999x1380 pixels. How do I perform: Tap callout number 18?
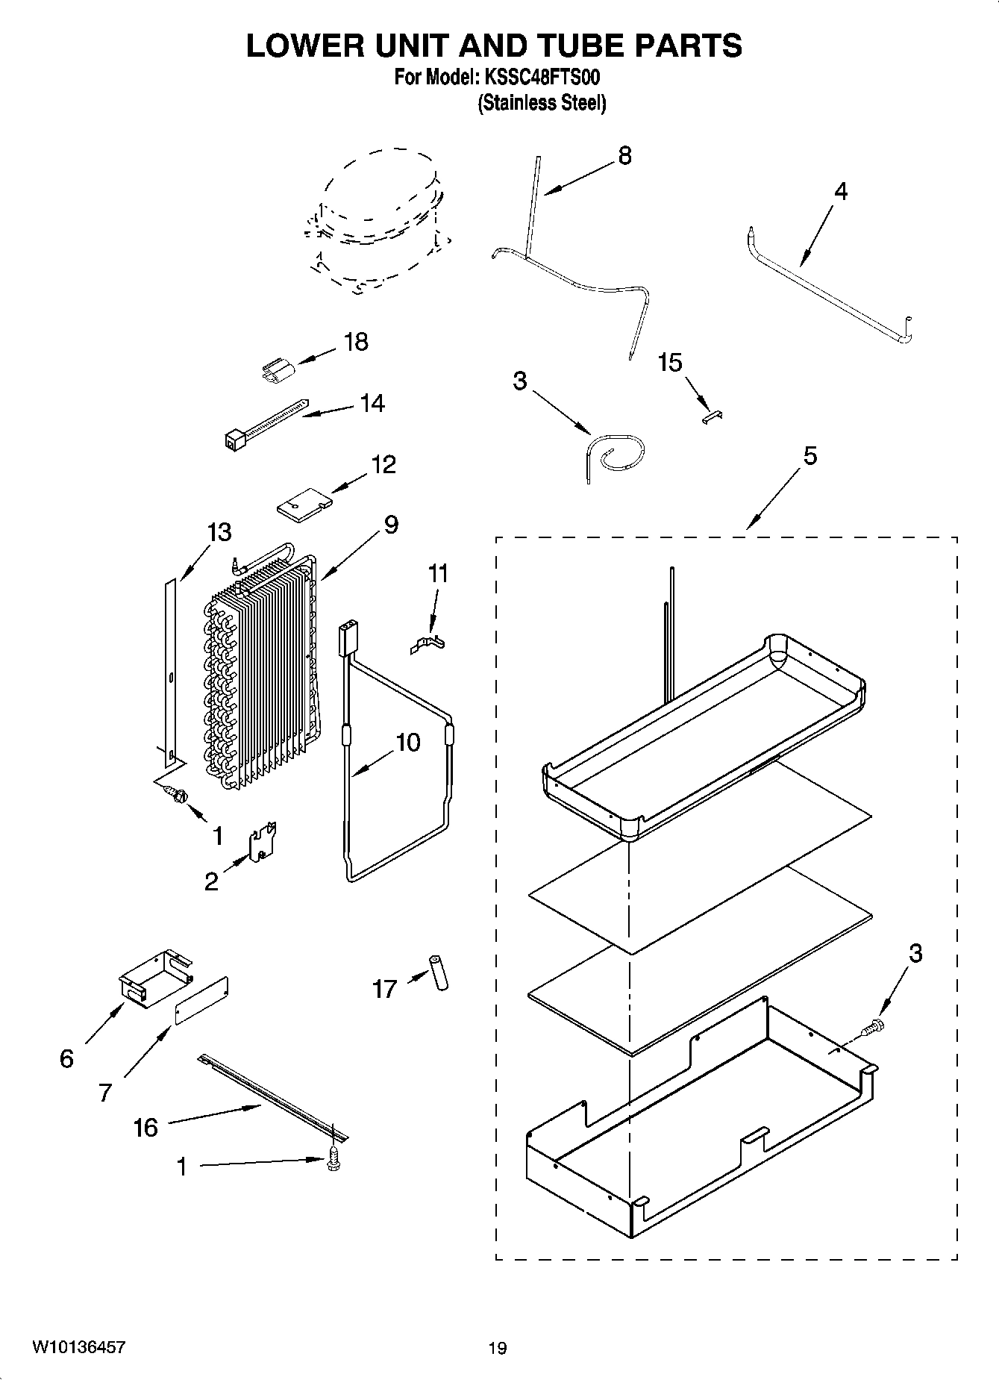(x=356, y=342)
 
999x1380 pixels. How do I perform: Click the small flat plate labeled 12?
(x=302, y=503)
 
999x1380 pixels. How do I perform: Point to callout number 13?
(x=219, y=532)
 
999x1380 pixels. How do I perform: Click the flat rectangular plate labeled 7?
(x=201, y=1001)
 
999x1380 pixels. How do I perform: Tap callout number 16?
(x=145, y=1127)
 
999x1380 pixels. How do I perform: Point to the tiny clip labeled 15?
(x=713, y=416)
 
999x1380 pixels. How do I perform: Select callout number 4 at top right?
(x=840, y=191)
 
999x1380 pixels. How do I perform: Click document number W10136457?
(x=78, y=1347)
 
